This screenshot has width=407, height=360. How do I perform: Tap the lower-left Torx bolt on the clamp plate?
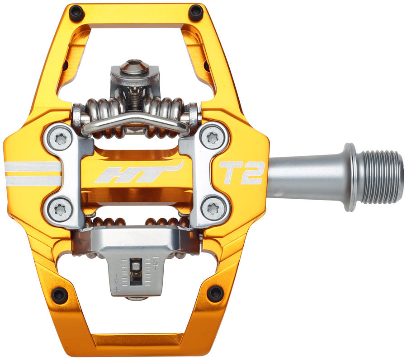point(60,209)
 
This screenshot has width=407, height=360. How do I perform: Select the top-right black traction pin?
point(196,13)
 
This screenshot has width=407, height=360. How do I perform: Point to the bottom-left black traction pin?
point(60,295)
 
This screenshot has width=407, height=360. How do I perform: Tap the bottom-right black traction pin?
point(215,295)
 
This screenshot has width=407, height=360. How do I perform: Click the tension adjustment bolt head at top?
point(134,68)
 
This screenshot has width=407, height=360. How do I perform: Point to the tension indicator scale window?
point(135,271)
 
